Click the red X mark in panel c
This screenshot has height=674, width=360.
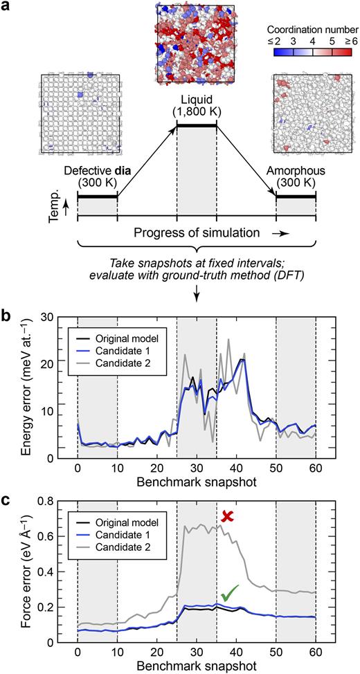[x=228, y=516]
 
